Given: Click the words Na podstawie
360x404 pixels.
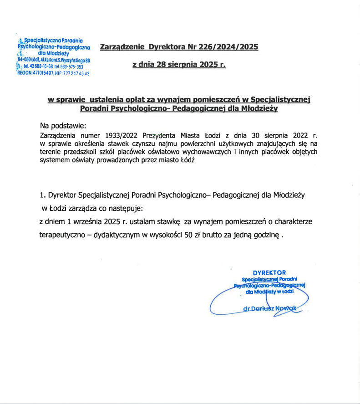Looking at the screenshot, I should pyautogui.click(x=62, y=126).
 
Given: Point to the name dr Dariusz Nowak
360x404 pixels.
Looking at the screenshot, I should pyautogui.click(x=270, y=308).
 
